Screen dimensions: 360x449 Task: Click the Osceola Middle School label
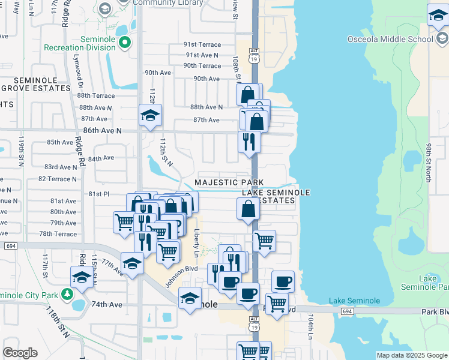[390, 40]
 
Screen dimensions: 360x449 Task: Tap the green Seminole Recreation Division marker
[125, 43]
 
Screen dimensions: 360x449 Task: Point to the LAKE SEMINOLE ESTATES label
[276, 196]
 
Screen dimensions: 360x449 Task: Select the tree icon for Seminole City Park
[68, 294]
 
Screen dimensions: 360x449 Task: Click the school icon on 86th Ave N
[150, 115]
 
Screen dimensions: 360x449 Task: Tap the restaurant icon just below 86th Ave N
[249, 142]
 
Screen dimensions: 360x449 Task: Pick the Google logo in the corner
[20, 353]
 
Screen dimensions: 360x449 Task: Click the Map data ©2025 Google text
[412, 355]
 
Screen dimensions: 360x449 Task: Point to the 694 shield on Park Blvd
[347, 311]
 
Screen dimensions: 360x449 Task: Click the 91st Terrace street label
[202, 45]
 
